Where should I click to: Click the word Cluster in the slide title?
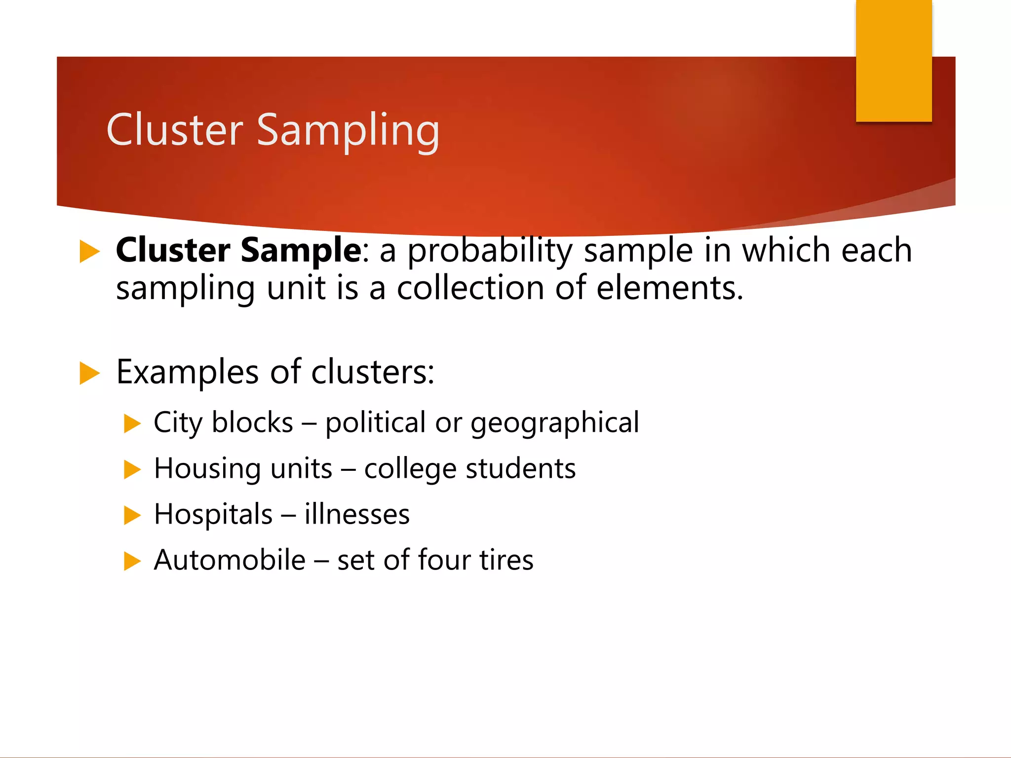point(175,130)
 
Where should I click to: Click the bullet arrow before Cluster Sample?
point(89,252)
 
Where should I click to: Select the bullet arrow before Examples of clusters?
point(89,373)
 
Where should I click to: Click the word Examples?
point(187,372)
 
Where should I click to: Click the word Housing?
point(207,469)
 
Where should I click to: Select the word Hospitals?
point(213,515)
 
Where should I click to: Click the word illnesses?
point(357,515)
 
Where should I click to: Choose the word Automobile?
point(230,560)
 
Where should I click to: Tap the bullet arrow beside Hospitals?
point(132,515)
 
